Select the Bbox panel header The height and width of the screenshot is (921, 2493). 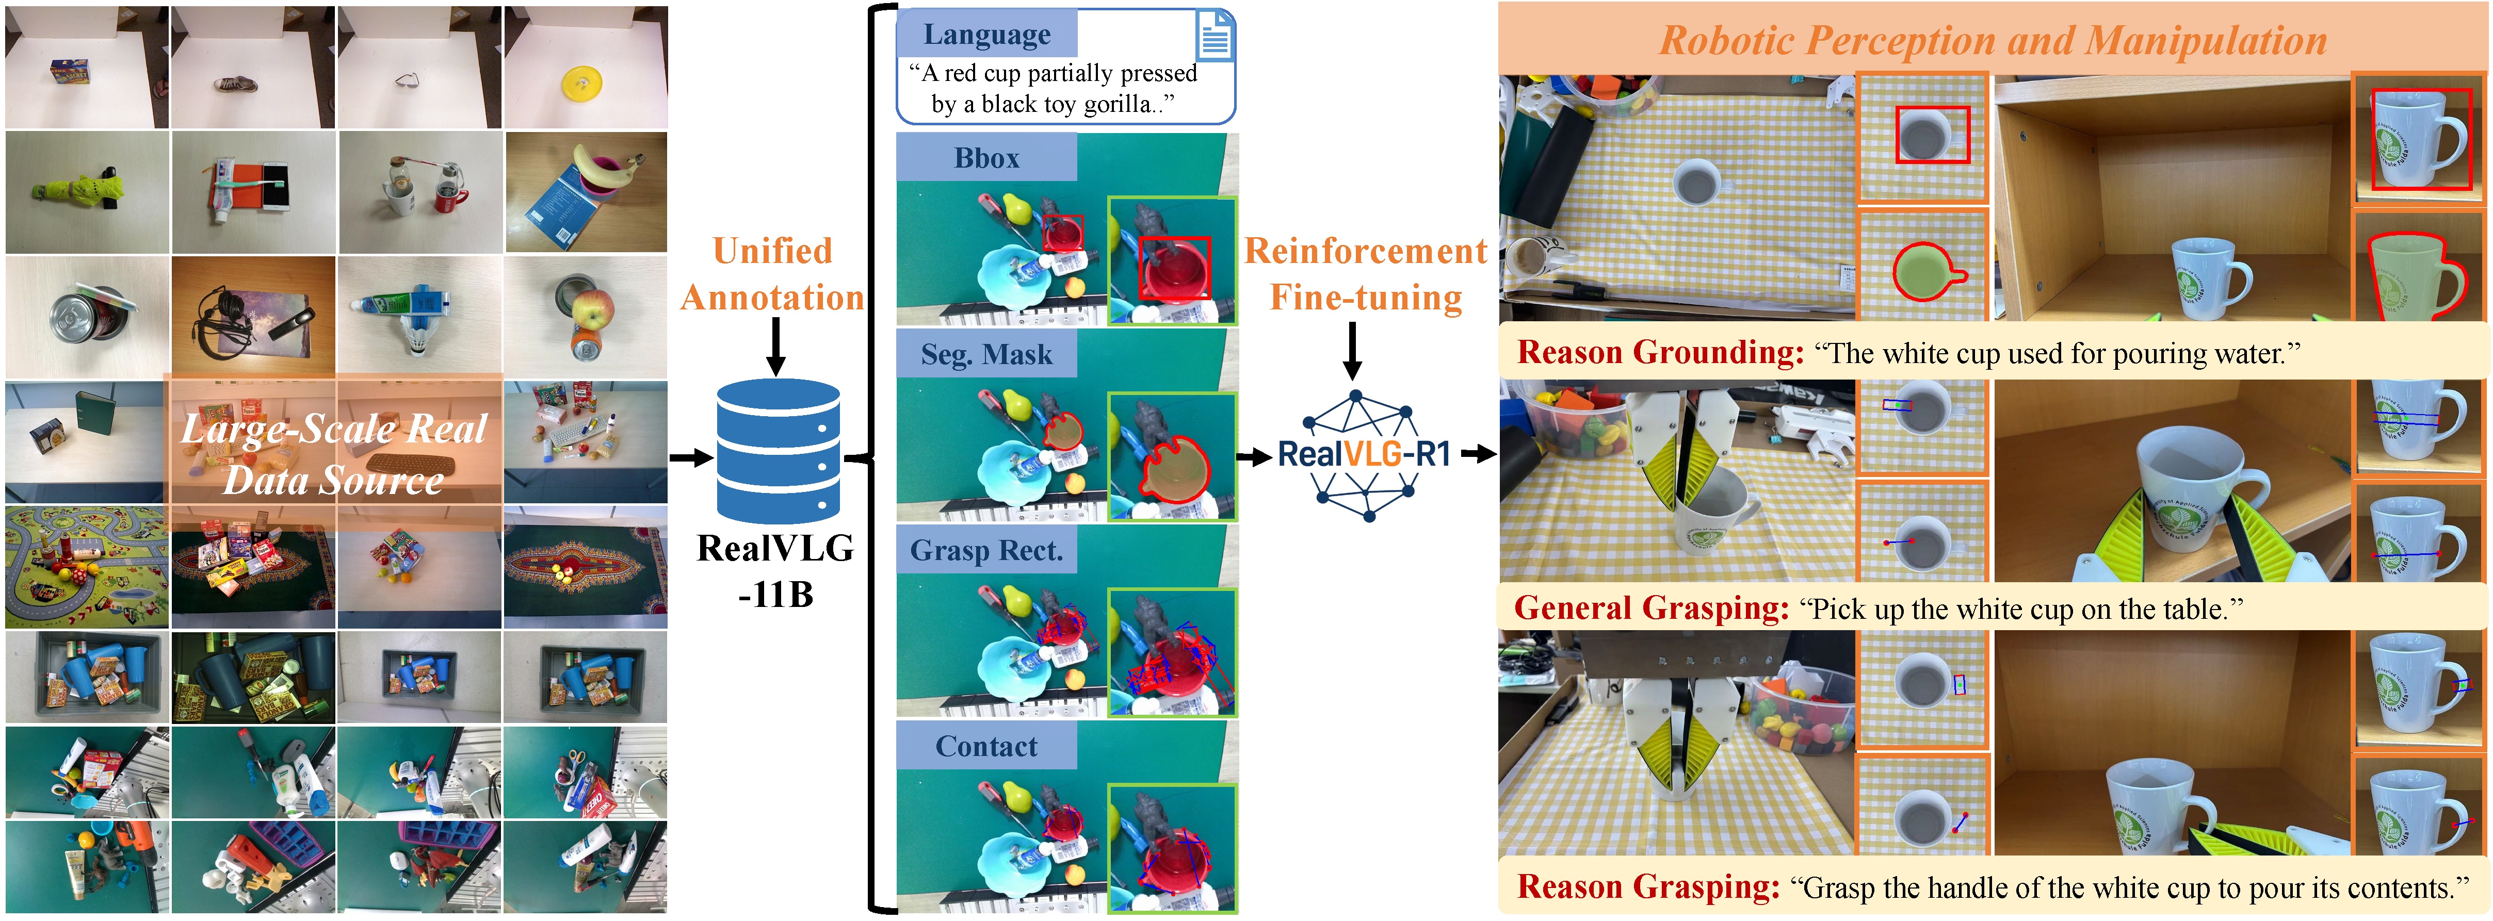(986, 158)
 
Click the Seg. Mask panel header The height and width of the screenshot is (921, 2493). (986, 354)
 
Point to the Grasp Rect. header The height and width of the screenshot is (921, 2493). (986, 550)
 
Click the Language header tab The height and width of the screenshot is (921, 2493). (986, 34)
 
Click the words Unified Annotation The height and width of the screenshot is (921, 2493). (772, 274)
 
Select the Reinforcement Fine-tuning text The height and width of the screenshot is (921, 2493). (1365, 274)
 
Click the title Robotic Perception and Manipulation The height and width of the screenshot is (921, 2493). (1993, 41)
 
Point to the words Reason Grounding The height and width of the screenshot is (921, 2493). (1660, 352)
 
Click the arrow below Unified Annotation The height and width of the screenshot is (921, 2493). (775, 347)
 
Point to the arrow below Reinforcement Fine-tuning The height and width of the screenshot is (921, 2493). (1353, 350)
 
